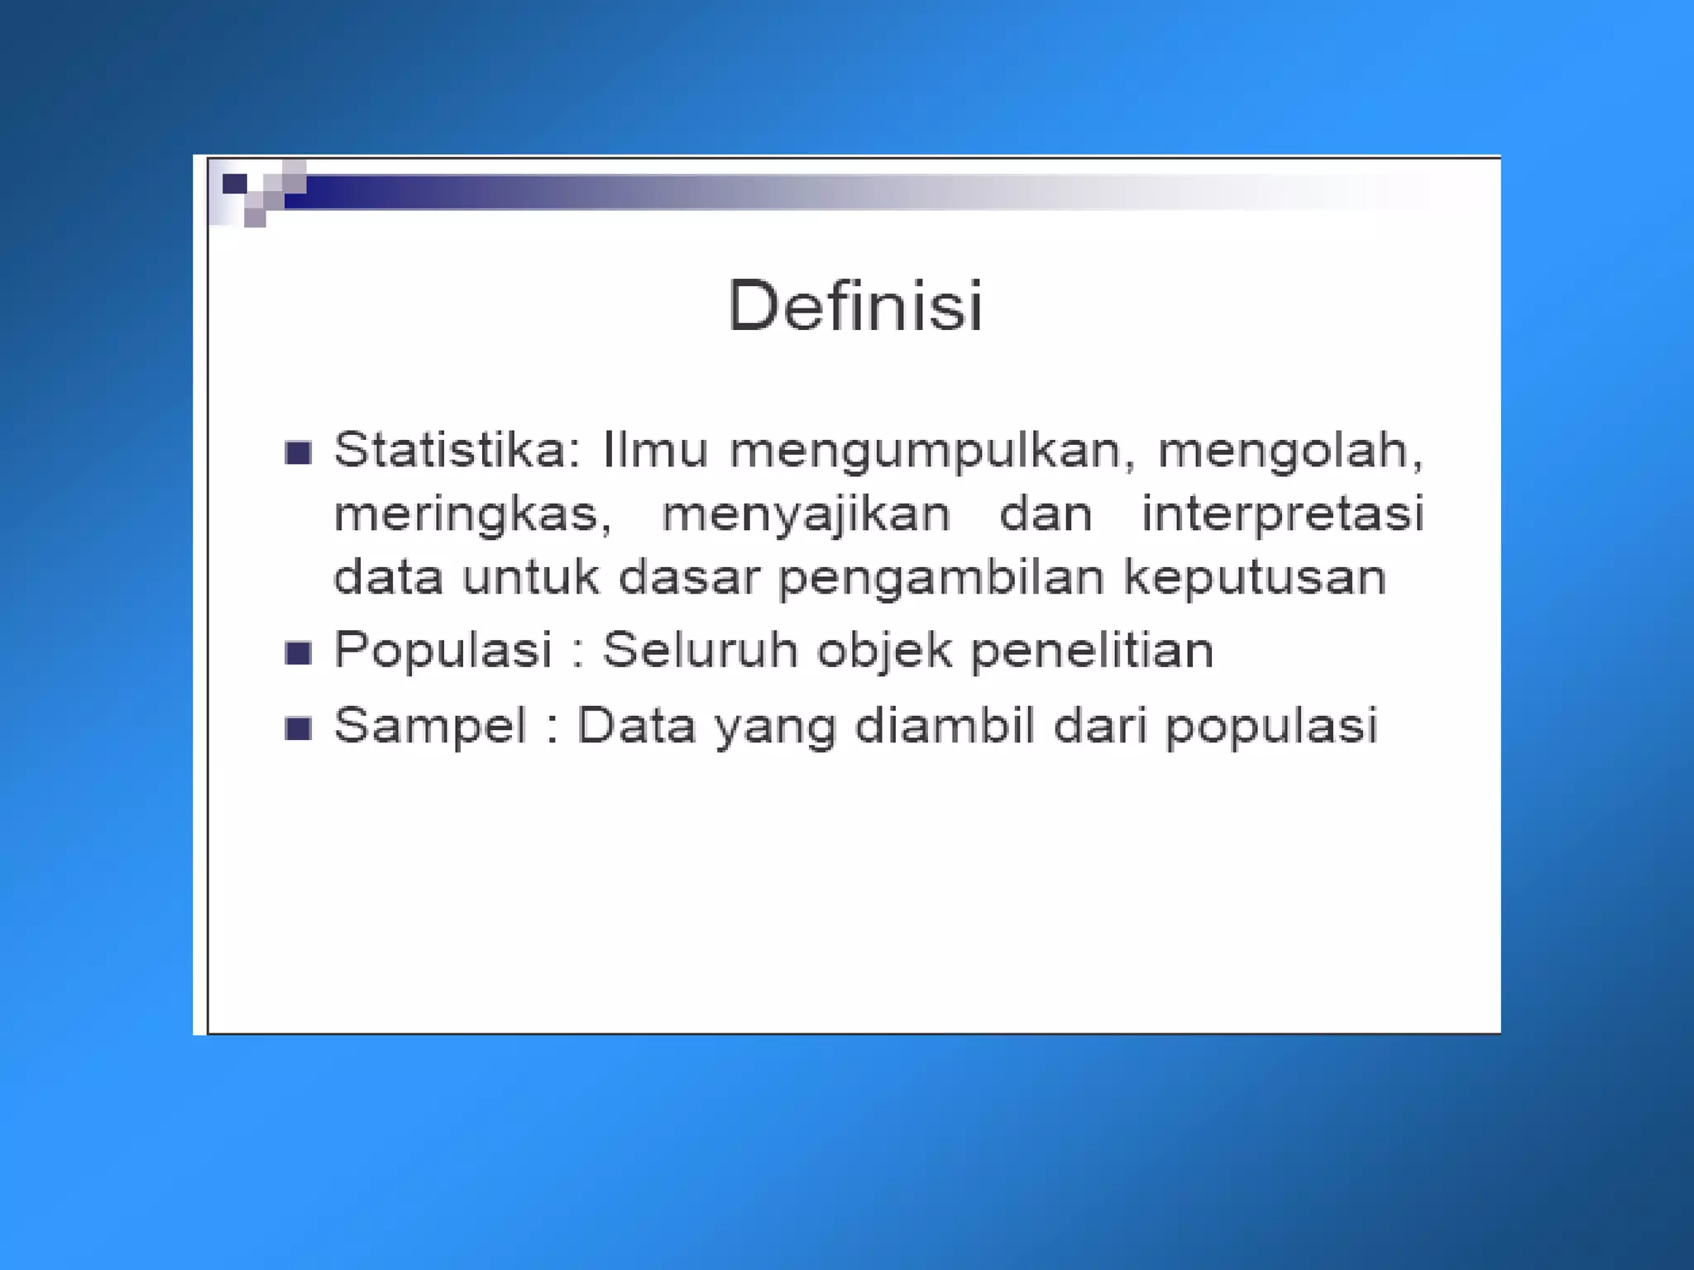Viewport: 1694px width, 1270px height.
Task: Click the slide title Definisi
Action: tap(854, 306)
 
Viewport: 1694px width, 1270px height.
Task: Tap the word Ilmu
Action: tap(655, 451)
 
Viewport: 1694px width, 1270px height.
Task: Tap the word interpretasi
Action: tap(1282, 514)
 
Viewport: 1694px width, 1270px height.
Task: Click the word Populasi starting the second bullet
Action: tap(443, 650)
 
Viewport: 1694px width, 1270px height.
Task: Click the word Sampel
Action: tap(430, 726)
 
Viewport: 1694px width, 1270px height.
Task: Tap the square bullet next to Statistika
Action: tap(298, 453)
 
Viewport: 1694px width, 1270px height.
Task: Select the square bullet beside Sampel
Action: tap(298, 728)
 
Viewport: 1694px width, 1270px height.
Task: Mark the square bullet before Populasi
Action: tap(298, 653)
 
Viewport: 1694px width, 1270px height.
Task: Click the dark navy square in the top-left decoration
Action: tap(235, 184)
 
